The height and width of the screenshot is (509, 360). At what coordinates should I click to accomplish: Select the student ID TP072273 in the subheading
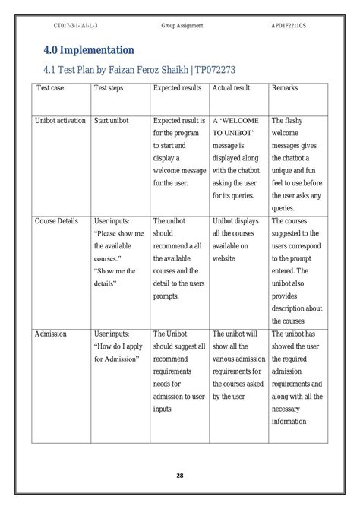coord(216,70)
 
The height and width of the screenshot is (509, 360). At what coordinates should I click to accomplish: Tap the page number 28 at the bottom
coord(180,476)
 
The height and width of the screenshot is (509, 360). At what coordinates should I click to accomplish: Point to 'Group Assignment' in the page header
coord(182,26)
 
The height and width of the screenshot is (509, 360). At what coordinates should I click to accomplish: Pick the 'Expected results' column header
coord(177,88)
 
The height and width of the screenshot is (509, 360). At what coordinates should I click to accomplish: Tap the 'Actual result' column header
coord(232,88)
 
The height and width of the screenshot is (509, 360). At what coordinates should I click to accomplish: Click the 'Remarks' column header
coord(285,88)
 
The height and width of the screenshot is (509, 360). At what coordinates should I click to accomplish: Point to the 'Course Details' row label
coord(56,220)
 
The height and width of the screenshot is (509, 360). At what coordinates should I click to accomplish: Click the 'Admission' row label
coord(51,334)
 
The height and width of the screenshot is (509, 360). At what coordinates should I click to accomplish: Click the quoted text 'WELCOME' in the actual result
coord(242,120)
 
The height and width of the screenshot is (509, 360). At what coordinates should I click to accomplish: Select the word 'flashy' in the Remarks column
coord(295,120)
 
